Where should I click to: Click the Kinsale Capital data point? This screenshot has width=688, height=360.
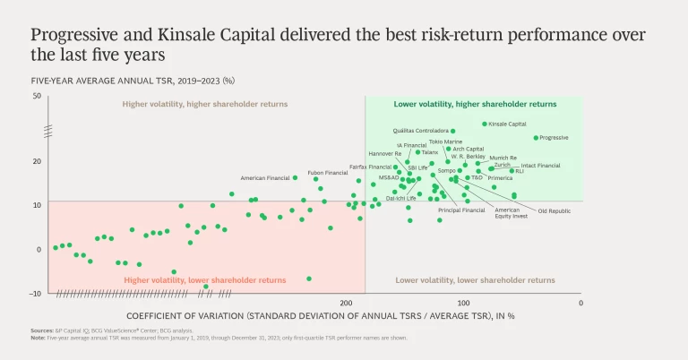tap(485, 124)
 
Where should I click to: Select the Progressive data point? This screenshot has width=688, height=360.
tap(536, 138)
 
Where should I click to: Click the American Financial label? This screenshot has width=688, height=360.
tap(264, 178)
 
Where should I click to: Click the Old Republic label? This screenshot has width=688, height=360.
tap(554, 211)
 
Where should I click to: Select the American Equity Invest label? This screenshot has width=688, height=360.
tap(512, 213)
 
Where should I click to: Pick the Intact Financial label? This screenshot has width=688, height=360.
tap(540, 166)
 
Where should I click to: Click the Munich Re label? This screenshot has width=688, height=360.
tap(503, 158)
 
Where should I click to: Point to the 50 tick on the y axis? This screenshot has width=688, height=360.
tap(37, 95)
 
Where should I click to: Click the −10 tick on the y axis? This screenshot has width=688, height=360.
tap(36, 293)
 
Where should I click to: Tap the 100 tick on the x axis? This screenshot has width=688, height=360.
tap(464, 304)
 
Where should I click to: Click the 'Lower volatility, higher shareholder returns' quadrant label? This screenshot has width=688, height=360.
tap(475, 104)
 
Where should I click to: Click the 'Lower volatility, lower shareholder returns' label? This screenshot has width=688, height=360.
tap(475, 280)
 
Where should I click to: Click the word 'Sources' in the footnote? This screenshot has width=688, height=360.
tap(41, 330)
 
